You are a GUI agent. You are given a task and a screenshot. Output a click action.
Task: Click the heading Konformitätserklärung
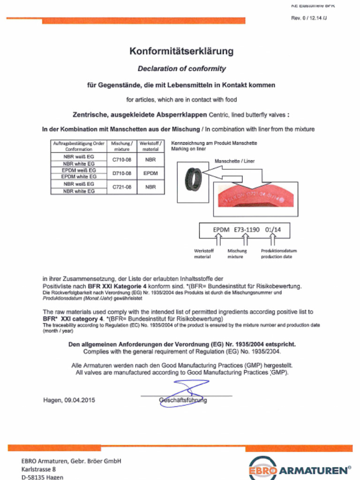point(181,52)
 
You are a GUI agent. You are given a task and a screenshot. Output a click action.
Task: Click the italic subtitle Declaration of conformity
point(181,68)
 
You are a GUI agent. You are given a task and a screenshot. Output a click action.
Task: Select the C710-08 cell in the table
point(122,160)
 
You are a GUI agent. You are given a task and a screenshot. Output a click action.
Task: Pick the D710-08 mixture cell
point(122,173)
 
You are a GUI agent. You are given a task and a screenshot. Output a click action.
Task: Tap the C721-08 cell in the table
point(122,187)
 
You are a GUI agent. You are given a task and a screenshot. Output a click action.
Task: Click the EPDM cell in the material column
point(150,173)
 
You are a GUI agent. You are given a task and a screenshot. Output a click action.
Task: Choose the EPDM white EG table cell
point(79,177)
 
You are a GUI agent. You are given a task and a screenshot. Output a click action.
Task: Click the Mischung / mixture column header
point(122,146)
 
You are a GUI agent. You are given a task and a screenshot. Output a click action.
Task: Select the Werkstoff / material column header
point(150,146)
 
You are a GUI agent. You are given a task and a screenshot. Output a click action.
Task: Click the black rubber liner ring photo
point(193,180)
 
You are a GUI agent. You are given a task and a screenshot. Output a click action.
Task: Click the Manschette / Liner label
point(234,161)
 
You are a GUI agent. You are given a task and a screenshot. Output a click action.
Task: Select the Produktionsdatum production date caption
point(278,254)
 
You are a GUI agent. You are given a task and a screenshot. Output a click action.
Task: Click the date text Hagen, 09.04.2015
point(69,400)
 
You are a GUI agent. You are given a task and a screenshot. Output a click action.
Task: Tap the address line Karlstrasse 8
point(38,469)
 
